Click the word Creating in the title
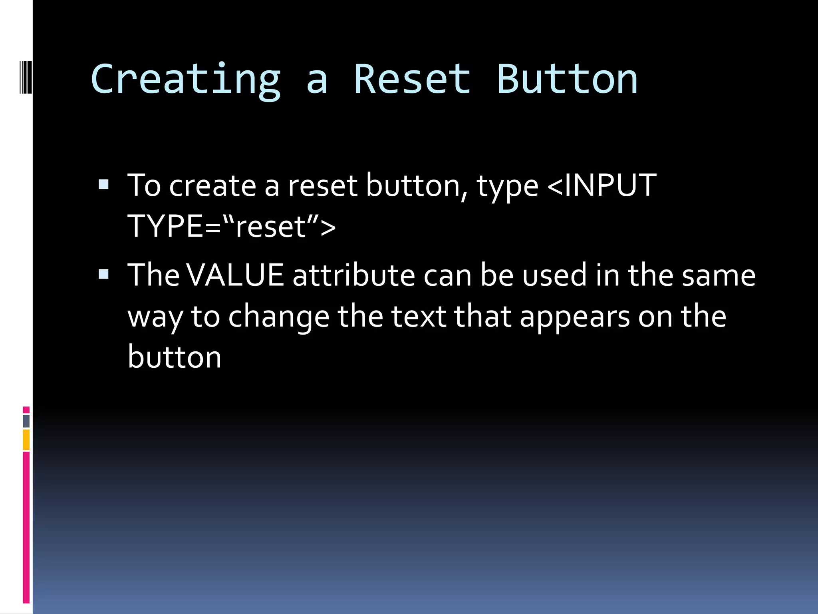[x=186, y=80]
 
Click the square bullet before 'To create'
[x=103, y=184]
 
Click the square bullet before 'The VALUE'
[x=103, y=274]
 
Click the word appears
[x=574, y=317]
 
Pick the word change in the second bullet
[x=278, y=317]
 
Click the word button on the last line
[x=174, y=357]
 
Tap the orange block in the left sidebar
[x=26, y=440]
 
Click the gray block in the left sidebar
[x=26, y=421]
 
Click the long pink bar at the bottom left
[x=26, y=528]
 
